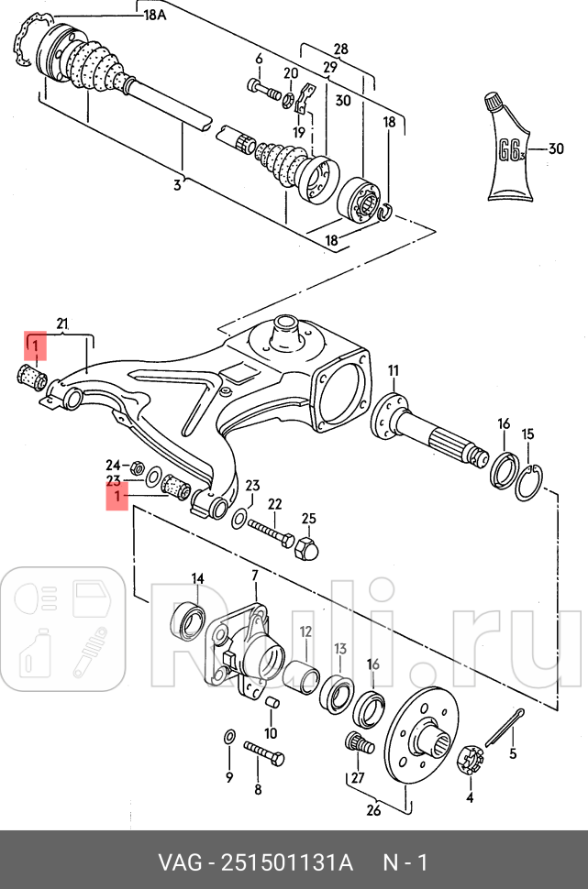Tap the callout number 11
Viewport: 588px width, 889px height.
[x=394, y=371]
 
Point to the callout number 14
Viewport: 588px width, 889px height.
[x=197, y=578]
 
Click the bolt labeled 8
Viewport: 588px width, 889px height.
[x=264, y=759]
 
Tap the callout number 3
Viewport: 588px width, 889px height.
[x=178, y=185]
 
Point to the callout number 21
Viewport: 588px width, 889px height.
[x=62, y=324]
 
